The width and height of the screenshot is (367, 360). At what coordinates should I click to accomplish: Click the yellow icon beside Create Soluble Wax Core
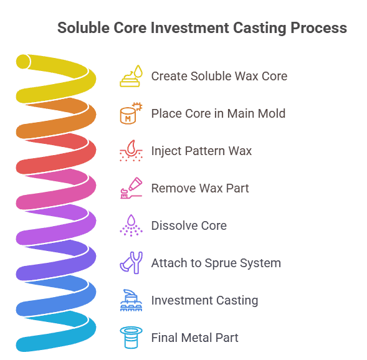(131, 76)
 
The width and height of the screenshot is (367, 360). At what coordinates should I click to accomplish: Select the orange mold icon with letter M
(131, 113)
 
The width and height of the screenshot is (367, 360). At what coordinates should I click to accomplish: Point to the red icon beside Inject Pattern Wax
(131, 151)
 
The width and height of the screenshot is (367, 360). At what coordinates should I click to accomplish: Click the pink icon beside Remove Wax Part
(131, 188)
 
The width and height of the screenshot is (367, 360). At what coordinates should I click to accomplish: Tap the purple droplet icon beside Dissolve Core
(131, 225)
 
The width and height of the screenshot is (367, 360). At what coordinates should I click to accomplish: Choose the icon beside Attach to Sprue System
(131, 263)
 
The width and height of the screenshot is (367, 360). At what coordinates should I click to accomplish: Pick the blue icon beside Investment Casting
(131, 300)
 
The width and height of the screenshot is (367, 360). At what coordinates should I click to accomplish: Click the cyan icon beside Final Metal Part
(131, 338)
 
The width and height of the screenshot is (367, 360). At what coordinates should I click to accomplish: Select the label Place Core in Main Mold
(218, 113)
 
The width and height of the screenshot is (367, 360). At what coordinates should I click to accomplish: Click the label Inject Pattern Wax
(201, 151)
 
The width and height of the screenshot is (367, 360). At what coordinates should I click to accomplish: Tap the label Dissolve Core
(189, 225)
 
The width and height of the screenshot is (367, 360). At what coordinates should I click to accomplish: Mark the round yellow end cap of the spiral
(23, 62)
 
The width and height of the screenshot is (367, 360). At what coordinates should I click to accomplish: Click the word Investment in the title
(190, 27)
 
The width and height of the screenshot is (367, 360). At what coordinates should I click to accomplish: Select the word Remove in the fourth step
(173, 188)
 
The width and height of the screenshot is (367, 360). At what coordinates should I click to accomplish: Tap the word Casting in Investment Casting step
(237, 301)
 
